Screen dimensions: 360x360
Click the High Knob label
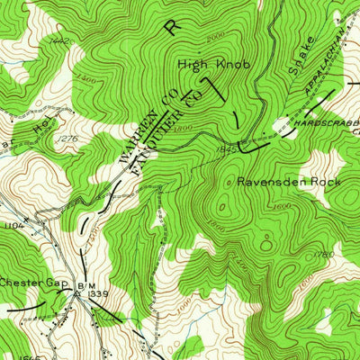pyautogui.click(x=213, y=64)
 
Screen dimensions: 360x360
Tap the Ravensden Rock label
pyautogui.click(x=285, y=181)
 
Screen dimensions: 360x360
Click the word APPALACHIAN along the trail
pyautogui.click(x=324, y=65)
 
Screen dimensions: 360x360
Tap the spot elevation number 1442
pyautogui.click(x=61, y=40)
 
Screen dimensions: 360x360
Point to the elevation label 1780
pyautogui.click(x=326, y=256)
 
